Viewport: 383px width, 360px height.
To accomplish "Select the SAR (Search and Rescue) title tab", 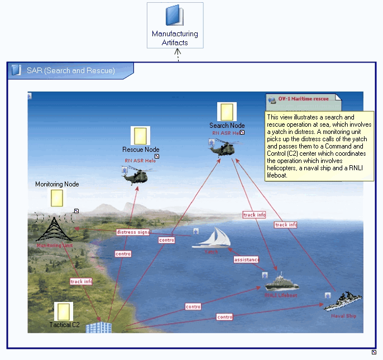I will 71,71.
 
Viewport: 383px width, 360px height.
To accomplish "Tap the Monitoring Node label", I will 57,184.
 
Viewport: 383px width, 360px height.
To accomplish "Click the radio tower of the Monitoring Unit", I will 54,228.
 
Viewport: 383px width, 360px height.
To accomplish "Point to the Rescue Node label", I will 141,150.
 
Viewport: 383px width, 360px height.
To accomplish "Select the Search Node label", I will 227,126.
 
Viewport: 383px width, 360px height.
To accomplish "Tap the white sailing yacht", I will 212,238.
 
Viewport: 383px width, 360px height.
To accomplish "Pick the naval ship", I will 343,301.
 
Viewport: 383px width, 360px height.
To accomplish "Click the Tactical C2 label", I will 68,325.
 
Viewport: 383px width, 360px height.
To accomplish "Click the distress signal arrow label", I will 134,232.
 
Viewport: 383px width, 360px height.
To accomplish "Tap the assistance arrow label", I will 246,260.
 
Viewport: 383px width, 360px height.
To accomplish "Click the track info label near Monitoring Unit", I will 82,281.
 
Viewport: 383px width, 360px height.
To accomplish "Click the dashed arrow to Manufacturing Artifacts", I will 178,55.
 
